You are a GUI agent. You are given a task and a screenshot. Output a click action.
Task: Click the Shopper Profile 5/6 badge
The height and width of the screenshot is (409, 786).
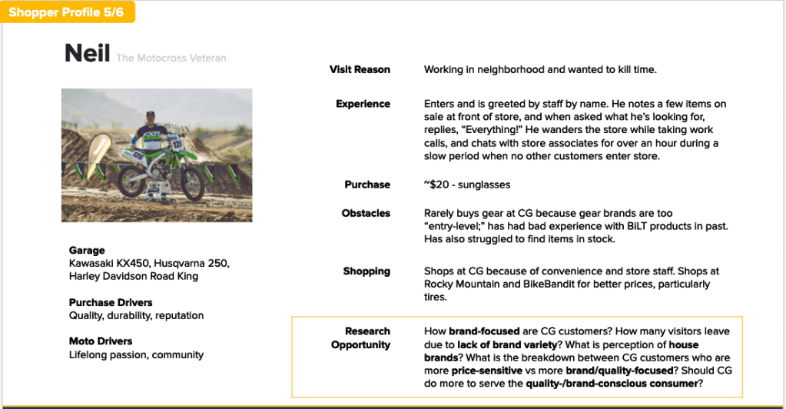click(x=67, y=12)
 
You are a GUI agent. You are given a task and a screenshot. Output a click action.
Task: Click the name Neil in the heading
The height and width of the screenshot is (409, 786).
click(x=87, y=54)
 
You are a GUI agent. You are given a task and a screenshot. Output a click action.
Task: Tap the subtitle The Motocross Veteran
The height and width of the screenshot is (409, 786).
click(x=171, y=58)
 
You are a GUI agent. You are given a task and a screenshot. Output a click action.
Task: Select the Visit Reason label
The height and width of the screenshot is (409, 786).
click(x=360, y=70)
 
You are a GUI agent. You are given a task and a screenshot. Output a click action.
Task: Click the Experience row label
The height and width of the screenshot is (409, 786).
click(x=363, y=104)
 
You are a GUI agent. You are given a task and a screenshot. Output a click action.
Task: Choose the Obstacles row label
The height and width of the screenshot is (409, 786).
click(x=366, y=213)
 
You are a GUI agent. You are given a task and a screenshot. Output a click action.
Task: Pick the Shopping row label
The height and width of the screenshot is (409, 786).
click(x=366, y=271)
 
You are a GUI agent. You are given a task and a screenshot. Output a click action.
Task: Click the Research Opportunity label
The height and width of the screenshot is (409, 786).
click(x=360, y=338)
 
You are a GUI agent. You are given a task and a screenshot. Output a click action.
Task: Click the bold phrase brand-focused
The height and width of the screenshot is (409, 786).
click(x=483, y=331)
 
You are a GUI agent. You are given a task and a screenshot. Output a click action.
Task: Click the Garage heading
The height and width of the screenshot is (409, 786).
click(x=87, y=251)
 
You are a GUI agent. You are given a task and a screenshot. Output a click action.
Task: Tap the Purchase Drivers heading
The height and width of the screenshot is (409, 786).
click(x=111, y=303)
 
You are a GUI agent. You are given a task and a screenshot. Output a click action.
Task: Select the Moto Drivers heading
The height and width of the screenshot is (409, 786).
click(x=101, y=341)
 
